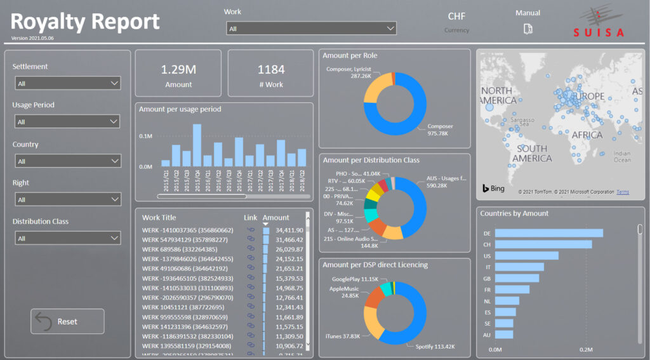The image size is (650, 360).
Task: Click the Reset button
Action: [x=67, y=321]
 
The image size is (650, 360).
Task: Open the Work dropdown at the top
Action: [x=311, y=29]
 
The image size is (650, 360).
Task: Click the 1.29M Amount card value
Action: [x=178, y=70]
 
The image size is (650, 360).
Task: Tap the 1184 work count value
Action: [x=271, y=70]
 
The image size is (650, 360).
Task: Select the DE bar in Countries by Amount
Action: [x=548, y=233]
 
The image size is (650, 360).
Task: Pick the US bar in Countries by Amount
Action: [x=526, y=256]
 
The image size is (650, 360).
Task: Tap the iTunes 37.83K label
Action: [x=343, y=336]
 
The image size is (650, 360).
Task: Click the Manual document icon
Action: [x=527, y=29]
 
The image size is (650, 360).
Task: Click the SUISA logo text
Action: [x=599, y=32]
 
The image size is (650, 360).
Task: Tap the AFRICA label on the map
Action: [x=587, y=135]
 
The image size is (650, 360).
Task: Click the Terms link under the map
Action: [x=623, y=192]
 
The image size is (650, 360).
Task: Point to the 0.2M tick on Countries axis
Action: [x=586, y=350]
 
